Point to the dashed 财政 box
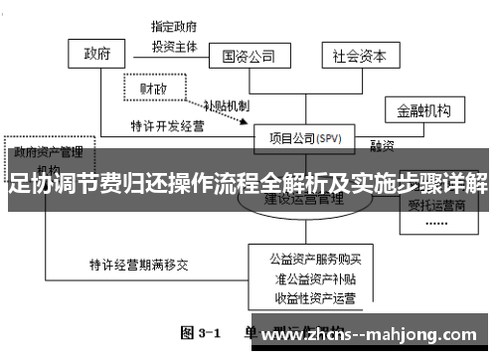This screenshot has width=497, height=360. pyautogui.click(x=153, y=89)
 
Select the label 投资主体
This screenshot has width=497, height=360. pyautogui.click(x=175, y=46)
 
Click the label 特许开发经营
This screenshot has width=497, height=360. pyautogui.click(x=165, y=127)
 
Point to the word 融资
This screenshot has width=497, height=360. pyautogui.click(x=383, y=145)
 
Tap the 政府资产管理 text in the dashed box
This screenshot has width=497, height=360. pyautogui.click(x=49, y=153)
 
